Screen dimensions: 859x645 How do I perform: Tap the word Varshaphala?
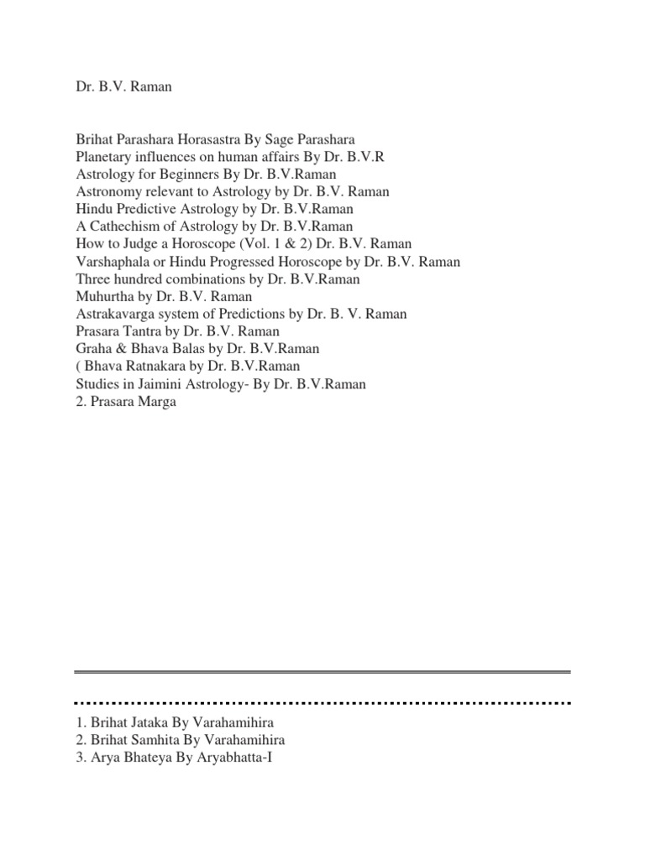[110, 262]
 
